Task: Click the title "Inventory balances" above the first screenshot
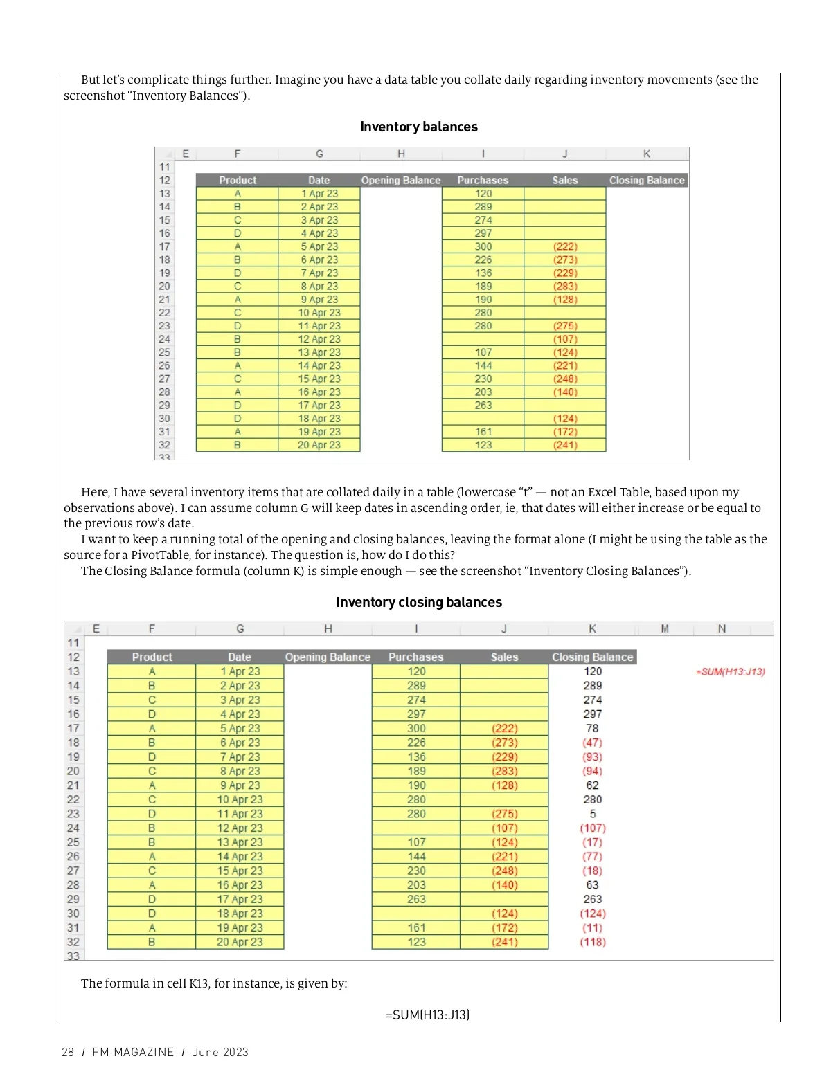coord(418,127)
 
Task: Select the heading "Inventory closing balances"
coord(418,602)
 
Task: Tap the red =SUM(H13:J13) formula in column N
coord(730,671)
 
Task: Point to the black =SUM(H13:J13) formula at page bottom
coord(427,1015)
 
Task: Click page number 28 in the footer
coord(68,1052)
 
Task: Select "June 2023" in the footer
coord(220,1052)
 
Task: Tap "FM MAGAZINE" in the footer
coord(133,1052)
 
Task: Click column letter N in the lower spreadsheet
coord(722,628)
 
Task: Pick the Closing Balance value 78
coord(592,728)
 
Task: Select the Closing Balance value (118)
coord(592,942)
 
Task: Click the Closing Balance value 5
coord(592,814)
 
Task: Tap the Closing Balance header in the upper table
coord(647,180)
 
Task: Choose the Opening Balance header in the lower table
coord(328,657)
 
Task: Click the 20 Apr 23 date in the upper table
coord(319,445)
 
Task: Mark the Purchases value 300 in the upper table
coord(483,246)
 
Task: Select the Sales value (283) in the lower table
coord(504,771)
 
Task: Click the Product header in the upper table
coord(238,180)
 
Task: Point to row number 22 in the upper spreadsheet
coord(164,313)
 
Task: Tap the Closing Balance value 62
coord(592,785)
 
